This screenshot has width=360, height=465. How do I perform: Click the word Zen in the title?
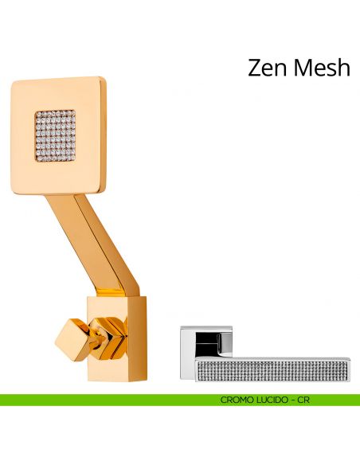coord(268,68)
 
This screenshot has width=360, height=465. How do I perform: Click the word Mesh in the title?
coord(322,68)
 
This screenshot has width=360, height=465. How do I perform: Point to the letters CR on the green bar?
coord(303,400)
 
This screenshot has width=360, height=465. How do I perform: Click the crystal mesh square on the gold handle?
coord(55,136)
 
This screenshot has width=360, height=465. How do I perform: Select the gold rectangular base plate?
coord(117,338)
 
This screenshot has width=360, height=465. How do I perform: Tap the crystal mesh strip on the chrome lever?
coord(272,370)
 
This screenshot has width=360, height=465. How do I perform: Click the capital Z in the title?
coord(256,68)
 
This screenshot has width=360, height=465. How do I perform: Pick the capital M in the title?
coord(304,68)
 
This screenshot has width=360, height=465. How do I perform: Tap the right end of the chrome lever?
coord(350,369)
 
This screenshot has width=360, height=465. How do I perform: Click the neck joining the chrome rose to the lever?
coord(220,346)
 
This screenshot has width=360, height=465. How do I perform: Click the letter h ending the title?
coord(344,68)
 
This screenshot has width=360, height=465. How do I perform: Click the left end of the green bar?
coord(1,400)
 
